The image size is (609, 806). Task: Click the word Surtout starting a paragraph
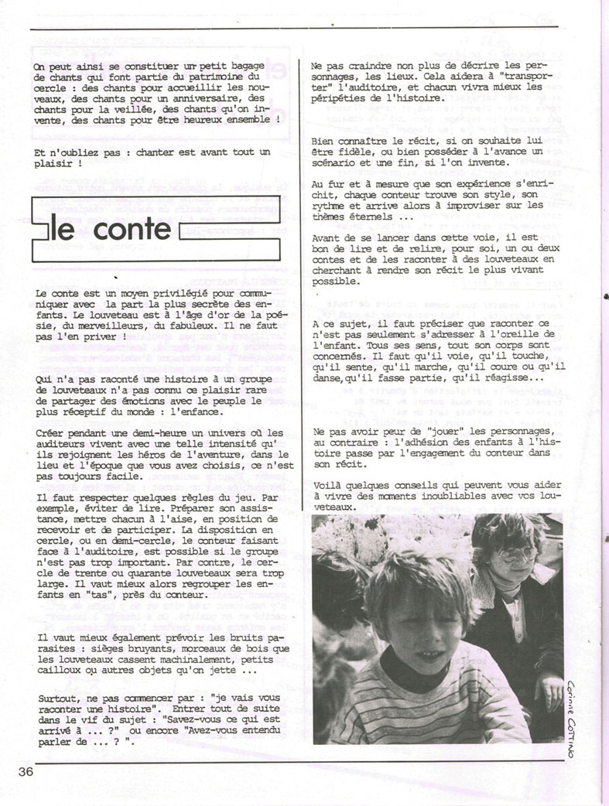coord(56,698)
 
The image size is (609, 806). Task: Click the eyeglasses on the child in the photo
coord(517,554)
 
